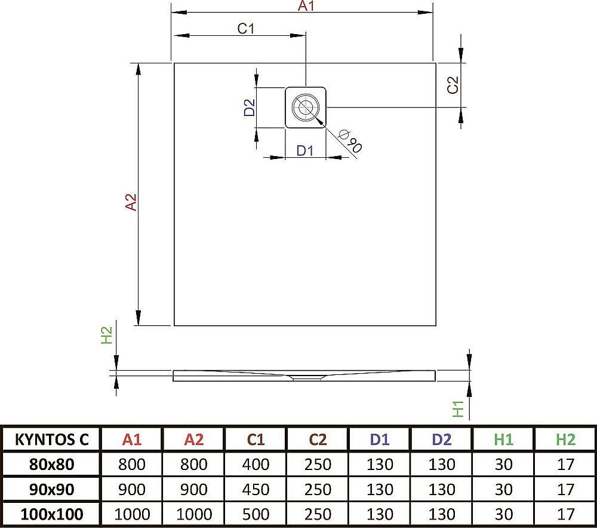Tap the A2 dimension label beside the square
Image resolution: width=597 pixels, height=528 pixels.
(x=131, y=202)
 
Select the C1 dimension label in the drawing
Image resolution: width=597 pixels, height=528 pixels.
(x=246, y=29)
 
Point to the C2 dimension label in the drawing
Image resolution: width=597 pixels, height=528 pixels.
(x=453, y=86)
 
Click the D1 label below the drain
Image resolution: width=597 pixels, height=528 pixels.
(x=305, y=151)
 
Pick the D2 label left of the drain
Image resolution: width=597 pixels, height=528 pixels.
(x=250, y=107)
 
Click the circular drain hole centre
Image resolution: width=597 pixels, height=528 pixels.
(x=306, y=108)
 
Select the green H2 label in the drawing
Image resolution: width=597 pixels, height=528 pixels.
(x=107, y=335)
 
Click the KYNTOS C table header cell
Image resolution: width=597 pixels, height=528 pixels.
(x=51, y=440)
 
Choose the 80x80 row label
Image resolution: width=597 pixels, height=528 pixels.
(x=52, y=465)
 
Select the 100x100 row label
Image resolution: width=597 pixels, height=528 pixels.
(x=52, y=514)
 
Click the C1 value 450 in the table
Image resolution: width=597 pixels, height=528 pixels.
(x=256, y=489)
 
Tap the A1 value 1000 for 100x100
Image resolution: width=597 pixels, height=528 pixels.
(x=132, y=514)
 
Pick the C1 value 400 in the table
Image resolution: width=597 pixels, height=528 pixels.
(x=256, y=465)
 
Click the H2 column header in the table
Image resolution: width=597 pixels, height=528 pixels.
(x=565, y=440)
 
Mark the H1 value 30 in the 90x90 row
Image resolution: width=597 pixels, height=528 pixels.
(x=503, y=489)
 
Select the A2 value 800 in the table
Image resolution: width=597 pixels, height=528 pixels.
(x=194, y=465)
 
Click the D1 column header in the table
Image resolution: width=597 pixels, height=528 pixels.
(x=379, y=440)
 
